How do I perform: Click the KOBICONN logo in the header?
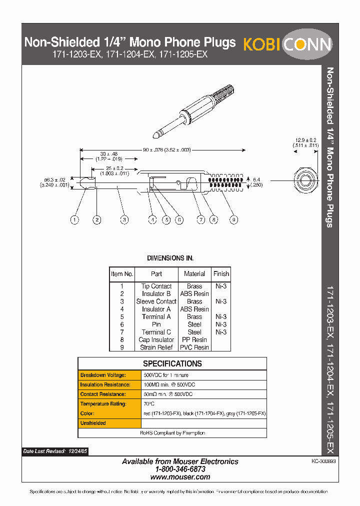(x=287, y=44)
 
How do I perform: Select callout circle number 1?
(x=74, y=219)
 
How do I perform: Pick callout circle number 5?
(x=166, y=219)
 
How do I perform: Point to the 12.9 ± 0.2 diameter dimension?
(x=306, y=140)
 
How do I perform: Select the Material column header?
(x=194, y=273)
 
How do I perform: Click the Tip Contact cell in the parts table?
(x=156, y=286)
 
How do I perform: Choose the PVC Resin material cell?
(x=194, y=347)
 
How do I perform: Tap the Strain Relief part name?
(x=156, y=347)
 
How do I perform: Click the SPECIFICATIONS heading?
(x=172, y=363)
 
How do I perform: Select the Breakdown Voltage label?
(x=102, y=375)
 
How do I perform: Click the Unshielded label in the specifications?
(x=93, y=423)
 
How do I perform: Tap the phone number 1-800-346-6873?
(x=180, y=469)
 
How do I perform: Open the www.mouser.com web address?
(x=180, y=477)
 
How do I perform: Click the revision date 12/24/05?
(x=77, y=451)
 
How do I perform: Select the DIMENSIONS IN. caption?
(x=170, y=258)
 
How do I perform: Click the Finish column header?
(x=221, y=273)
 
